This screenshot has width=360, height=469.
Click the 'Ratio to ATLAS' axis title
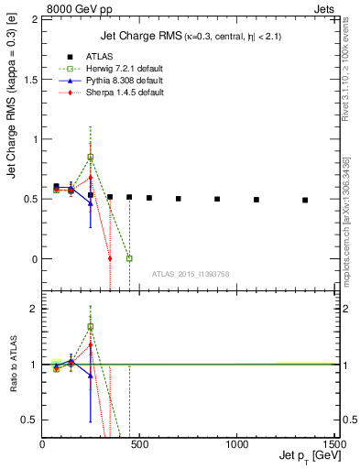pyautogui.click(x=14, y=364)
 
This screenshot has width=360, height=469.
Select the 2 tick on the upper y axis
pyautogui.click(x=34, y=20)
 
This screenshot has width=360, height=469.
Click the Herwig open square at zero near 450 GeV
pyautogui.click(x=129, y=258)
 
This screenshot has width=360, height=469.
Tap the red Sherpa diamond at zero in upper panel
pyautogui.click(x=110, y=258)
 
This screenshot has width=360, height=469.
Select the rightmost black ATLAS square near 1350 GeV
pyautogui.click(x=305, y=200)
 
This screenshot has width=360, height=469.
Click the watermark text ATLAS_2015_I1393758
pyautogui.click(x=189, y=274)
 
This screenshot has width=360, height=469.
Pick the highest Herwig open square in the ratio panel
pyautogui.click(x=90, y=326)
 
